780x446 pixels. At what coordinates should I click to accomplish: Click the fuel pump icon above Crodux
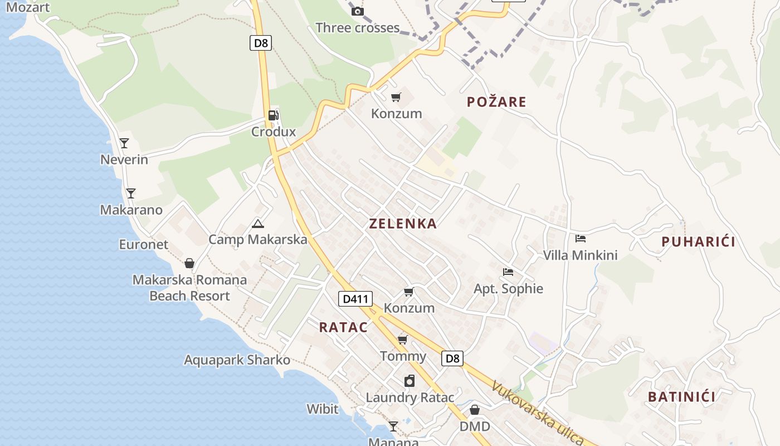[273, 115]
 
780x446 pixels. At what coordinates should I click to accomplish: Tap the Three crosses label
[357, 27]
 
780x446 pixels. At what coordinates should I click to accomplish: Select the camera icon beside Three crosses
[358, 11]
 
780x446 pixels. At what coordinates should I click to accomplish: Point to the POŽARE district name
[496, 101]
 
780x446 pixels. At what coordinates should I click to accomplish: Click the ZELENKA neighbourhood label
[403, 224]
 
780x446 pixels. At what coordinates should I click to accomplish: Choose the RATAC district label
[343, 327]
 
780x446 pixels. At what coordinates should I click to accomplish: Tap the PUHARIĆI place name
[698, 241]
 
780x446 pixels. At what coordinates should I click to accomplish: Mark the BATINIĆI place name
[681, 397]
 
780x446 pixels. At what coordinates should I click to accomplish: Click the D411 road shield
[355, 299]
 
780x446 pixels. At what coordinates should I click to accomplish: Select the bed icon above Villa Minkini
[581, 239]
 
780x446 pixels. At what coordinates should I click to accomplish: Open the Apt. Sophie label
[508, 289]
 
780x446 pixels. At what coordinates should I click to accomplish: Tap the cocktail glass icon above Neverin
[124, 143]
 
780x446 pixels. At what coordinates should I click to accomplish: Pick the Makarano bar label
[131, 210]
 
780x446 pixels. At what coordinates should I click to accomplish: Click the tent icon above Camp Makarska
[257, 224]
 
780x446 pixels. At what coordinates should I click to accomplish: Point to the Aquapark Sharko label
[237, 360]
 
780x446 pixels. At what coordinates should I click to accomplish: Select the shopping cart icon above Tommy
[402, 340]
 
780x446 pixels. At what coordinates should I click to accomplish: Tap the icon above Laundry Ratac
[409, 381]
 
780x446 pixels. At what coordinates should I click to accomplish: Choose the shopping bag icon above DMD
[475, 410]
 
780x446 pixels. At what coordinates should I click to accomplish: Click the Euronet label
[143, 244]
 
